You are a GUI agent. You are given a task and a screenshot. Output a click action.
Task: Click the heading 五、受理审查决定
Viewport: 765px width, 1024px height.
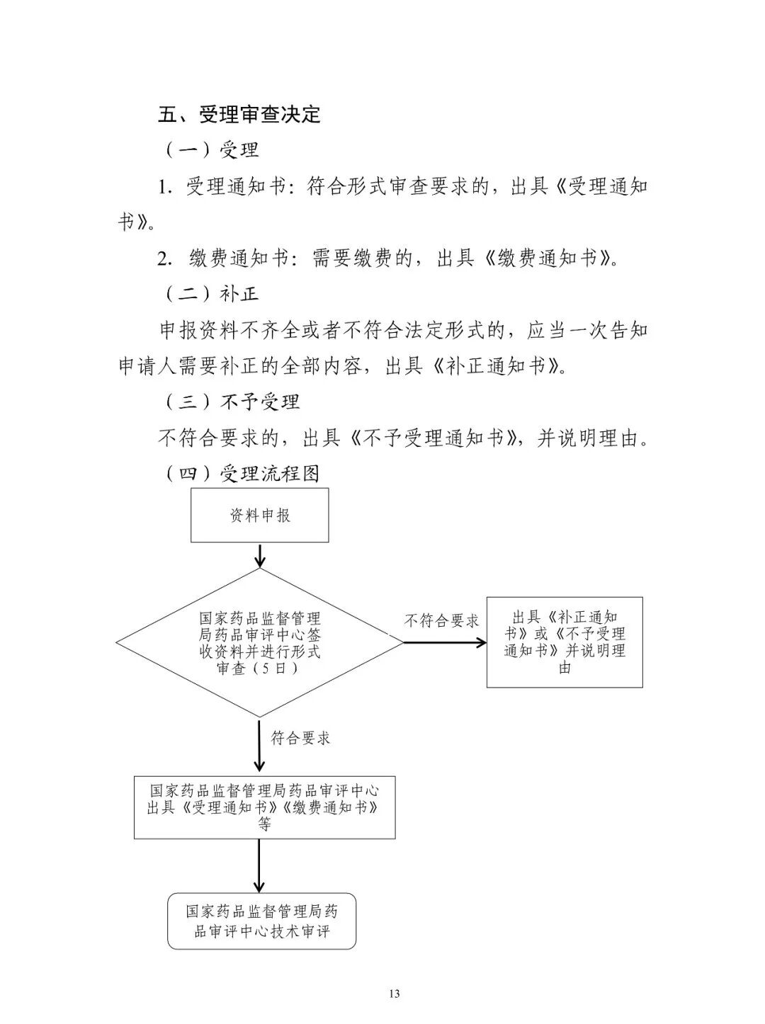239,114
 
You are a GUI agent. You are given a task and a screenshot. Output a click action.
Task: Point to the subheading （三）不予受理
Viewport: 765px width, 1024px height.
232,402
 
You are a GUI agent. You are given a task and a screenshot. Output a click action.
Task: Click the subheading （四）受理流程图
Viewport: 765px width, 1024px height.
242,474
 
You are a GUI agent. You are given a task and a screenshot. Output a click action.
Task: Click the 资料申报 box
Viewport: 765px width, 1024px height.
259,516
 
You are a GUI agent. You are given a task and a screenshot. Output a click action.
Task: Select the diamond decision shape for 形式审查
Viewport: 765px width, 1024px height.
259,642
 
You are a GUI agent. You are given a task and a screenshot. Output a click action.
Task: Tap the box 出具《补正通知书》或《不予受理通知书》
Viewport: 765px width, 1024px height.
565,642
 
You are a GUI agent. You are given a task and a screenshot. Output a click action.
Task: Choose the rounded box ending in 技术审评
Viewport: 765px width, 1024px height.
261,921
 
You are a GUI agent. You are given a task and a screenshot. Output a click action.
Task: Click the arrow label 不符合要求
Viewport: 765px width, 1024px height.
441,622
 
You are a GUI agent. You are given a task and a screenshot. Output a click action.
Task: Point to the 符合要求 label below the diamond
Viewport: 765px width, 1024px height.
300,738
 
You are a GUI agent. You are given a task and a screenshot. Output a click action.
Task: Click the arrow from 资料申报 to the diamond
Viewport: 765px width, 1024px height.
259,555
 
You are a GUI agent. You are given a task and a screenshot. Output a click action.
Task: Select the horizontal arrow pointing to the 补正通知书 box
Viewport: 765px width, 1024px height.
445,642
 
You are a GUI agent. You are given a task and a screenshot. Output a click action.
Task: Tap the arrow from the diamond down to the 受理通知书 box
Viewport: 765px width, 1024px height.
259,746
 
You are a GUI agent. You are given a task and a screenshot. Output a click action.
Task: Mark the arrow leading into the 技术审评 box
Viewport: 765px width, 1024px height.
259,865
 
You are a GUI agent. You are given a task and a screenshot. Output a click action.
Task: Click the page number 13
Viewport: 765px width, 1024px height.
395,994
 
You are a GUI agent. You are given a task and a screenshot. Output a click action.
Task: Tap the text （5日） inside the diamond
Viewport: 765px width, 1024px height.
259,669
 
